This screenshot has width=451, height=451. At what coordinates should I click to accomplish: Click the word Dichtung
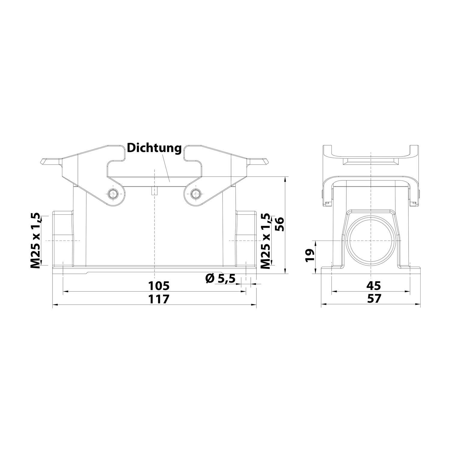click(154, 148)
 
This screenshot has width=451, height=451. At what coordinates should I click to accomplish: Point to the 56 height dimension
click(279, 224)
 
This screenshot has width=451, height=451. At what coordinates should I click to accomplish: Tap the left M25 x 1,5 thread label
click(35, 241)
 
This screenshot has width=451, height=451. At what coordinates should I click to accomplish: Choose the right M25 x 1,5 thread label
click(265, 241)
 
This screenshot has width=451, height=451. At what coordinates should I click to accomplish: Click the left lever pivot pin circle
click(113, 194)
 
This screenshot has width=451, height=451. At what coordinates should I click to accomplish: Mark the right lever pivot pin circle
click(196, 194)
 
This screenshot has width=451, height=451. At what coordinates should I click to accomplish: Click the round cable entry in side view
click(371, 241)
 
